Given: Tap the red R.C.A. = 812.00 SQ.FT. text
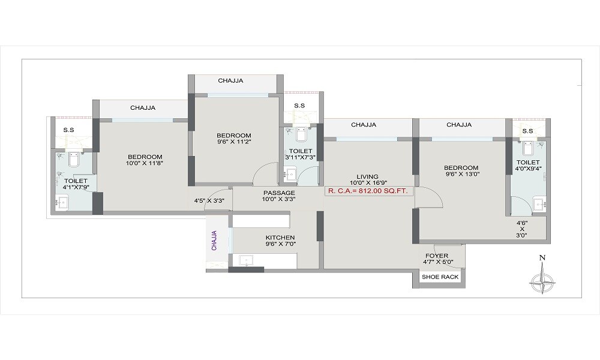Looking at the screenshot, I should [x=367, y=191].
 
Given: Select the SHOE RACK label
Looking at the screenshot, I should [x=440, y=277].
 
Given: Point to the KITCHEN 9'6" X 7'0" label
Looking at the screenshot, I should [x=280, y=241].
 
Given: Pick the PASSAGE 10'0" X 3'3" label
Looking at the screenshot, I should [x=279, y=196].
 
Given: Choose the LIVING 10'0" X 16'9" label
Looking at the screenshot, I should [x=367, y=180].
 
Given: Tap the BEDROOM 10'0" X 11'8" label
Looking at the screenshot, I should [x=145, y=160].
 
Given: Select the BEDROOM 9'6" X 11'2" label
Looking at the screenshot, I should [x=234, y=139].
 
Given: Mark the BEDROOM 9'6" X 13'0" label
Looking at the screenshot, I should [x=461, y=171].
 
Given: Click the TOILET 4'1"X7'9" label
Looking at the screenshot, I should [x=76, y=184].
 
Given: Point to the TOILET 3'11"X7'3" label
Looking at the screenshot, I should [x=300, y=154].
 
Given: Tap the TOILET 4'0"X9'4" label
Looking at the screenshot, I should [x=528, y=166].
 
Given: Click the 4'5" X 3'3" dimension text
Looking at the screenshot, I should [x=209, y=201].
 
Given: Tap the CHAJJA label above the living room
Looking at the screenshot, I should [x=364, y=125].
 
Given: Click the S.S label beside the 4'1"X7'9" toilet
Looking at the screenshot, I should [x=68, y=130].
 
